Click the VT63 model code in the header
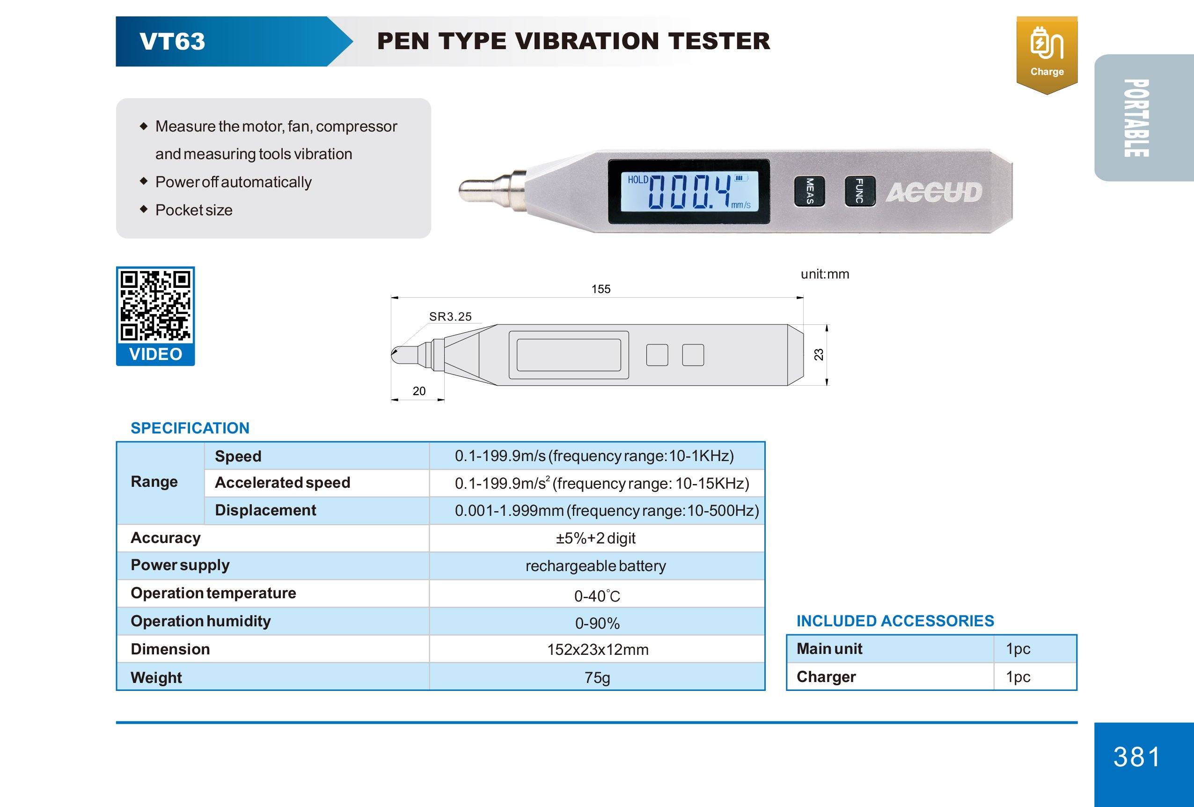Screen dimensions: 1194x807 (x=172, y=42)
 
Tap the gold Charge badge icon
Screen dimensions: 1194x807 (x=1047, y=54)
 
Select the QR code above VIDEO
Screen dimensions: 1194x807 (x=155, y=306)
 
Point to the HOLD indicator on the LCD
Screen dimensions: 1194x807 (x=637, y=180)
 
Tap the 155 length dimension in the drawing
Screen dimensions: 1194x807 (x=601, y=289)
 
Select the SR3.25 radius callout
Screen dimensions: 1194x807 (x=450, y=316)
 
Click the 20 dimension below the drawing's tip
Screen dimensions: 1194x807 (x=419, y=391)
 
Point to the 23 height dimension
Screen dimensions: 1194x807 (x=819, y=354)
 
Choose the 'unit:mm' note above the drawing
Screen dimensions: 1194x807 (x=825, y=274)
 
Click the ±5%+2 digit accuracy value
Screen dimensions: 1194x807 (x=595, y=538)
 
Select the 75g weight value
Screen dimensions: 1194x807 (x=597, y=677)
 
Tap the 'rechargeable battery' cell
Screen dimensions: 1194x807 (x=595, y=566)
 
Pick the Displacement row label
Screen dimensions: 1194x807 (x=265, y=510)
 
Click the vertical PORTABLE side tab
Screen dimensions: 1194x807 (x=1136, y=118)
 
